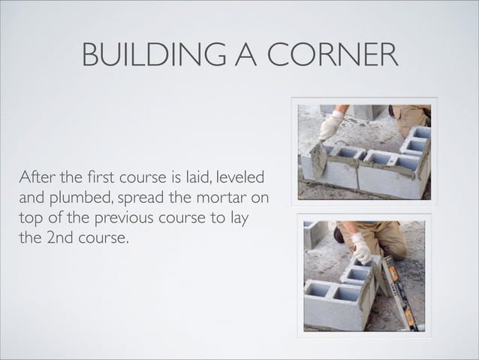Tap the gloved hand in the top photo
pyautogui.click(x=330, y=125)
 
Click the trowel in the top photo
pyautogui.click(x=318, y=159)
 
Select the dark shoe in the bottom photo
pyautogui.click(x=339, y=234)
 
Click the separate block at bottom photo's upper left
pyautogui.click(x=313, y=233)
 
